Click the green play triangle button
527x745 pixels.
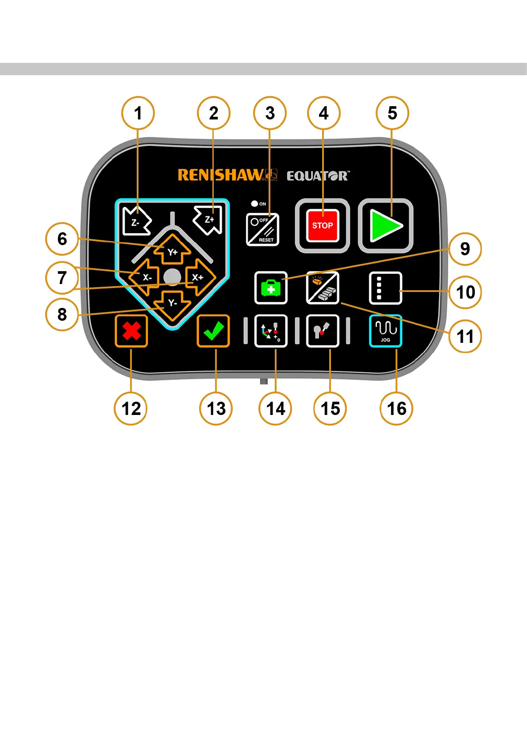pyautogui.click(x=385, y=226)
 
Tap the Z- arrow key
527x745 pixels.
pyautogui.click(x=136, y=221)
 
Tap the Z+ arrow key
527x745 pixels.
pyautogui.click(x=208, y=220)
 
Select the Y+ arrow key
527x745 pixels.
pyautogui.click(x=172, y=251)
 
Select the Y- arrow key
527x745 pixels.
pyautogui.click(x=172, y=304)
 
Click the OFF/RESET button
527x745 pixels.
pyautogui.click(x=262, y=229)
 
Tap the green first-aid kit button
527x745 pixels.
pyautogui.click(x=271, y=288)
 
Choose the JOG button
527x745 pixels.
pyautogui.click(x=385, y=331)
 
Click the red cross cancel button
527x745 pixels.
pyautogui.click(x=131, y=331)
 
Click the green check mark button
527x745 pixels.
pyautogui.click(x=213, y=331)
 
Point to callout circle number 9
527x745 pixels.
pyautogui.click(x=465, y=249)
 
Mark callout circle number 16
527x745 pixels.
pyautogui.click(x=396, y=408)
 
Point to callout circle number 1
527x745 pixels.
pyautogui.click(x=138, y=113)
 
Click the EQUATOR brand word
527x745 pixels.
pyautogui.click(x=318, y=176)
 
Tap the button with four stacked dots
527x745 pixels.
pyautogui.click(x=385, y=288)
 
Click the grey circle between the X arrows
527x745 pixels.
pyautogui.click(x=172, y=277)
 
